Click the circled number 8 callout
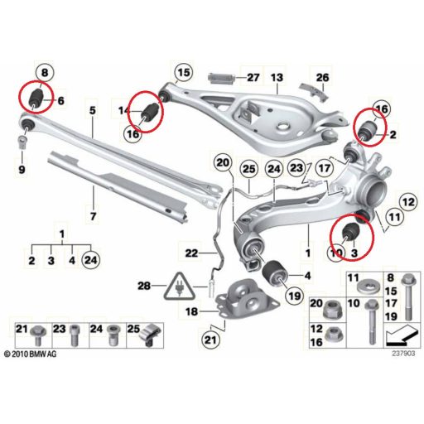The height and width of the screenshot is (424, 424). [x=45, y=73]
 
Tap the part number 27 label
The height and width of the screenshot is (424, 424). [x=253, y=78]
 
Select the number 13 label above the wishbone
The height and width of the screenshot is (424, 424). [x=277, y=78]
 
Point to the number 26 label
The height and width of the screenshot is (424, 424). [x=322, y=78]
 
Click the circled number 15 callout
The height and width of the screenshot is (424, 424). [x=184, y=73]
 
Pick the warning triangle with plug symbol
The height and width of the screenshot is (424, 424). [x=180, y=286]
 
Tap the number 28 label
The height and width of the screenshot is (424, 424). [x=144, y=286]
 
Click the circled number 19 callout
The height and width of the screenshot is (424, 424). [x=295, y=296]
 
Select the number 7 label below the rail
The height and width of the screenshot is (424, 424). [x=94, y=216]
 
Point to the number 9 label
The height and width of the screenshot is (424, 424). [x=22, y=170]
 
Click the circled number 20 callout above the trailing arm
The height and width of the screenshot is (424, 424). [x=223, y=163]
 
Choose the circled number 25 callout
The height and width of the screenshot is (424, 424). [x=249, y=169]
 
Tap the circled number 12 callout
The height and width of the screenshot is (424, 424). [x=409, y=202]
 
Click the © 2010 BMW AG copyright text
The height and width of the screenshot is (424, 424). [x=31, y=354]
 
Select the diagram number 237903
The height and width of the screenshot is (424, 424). [x=403, y=354]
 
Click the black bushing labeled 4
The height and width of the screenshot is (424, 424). [x=275, y=272]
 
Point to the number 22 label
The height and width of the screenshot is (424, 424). [x=192, y=253]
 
